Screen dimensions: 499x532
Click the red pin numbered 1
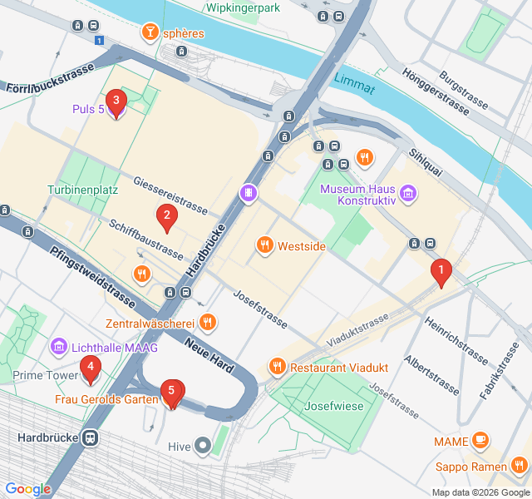440,271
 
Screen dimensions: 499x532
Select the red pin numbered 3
116,103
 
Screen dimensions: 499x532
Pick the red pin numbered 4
90,367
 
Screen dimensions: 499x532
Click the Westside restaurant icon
264,245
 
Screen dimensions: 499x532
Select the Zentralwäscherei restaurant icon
208,322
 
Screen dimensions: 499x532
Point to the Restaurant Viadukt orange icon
277,367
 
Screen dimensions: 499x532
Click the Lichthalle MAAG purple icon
58,345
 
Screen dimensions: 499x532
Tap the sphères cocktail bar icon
150,33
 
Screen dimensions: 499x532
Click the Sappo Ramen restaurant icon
520,465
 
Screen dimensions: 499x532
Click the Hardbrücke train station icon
90,437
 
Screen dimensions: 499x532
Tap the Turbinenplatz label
82,190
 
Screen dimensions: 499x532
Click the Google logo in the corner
28,489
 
